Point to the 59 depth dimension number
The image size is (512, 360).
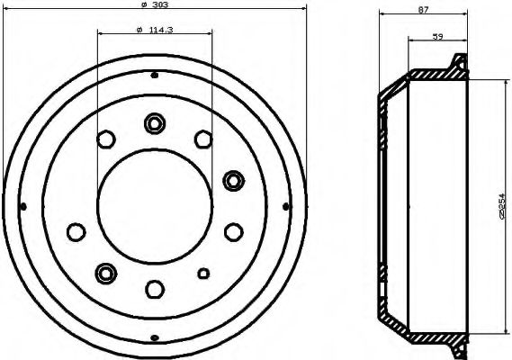click(438, 36)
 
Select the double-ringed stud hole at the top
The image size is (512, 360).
click(154, 122)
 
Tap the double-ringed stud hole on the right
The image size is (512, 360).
click(234, 180)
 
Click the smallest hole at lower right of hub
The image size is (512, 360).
click(203, 273)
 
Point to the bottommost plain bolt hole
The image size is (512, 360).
click(154, 288)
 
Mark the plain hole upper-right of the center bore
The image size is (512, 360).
click(202, 139)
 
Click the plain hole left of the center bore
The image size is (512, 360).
click(74, 231)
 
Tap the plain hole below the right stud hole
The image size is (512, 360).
click(234, 231)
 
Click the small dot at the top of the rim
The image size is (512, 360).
click(154, 75)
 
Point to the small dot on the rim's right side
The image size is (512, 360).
click(286, 206)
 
